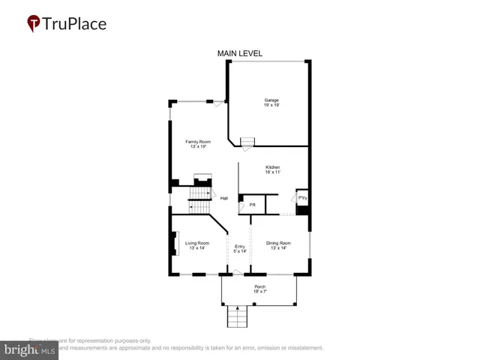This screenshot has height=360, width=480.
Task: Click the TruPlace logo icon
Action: tap(34, 24)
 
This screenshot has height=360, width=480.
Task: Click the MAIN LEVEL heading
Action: tap(240, 53)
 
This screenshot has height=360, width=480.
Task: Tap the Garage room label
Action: tap(271, 100)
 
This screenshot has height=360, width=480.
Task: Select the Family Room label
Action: tap(198, 141)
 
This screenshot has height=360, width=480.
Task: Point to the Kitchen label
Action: tap(272, 166)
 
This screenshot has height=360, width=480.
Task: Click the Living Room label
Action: tap(196, 243)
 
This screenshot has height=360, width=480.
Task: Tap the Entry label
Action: tap(240, 246)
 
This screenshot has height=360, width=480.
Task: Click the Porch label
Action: tap(259, 286)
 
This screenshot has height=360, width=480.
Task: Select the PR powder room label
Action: tap(253, 205)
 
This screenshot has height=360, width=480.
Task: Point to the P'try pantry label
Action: tap(302, 198)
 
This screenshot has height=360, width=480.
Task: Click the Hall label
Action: tap(223, 198)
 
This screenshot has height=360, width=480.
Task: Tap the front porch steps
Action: tap(237, 317)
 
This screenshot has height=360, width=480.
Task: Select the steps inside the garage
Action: tap(247, 142)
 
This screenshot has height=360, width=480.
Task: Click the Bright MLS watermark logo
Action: tap(29, 350)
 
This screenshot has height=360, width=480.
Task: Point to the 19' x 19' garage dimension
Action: tap(271, 106)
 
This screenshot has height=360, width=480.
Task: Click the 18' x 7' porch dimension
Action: tap(259, 292)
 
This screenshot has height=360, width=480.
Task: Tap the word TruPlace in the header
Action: tap(74, 24)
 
